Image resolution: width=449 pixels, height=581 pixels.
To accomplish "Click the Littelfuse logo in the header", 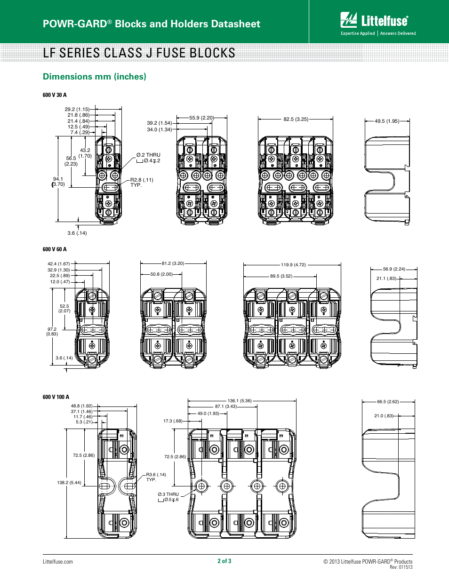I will [x=378, y=24].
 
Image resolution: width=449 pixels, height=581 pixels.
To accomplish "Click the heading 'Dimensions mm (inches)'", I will [x=94, y=77].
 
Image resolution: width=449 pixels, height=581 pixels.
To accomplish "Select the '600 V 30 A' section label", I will [x=55, y=95].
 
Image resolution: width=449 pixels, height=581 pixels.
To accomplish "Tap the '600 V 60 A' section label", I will [x=55, y=249].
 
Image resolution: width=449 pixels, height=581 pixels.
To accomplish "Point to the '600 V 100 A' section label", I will [x=56, y=397].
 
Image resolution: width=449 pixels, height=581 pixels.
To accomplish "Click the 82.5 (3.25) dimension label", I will [x=296, y=119].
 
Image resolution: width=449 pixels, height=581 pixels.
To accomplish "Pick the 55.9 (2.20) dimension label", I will [x=201, y=118].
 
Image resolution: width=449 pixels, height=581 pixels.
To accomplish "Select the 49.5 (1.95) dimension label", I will [x=386, y=121].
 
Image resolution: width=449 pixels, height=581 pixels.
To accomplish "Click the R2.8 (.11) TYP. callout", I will [x=141, y=183].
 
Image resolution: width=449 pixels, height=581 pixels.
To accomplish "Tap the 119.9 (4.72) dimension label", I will [x=293, y=265].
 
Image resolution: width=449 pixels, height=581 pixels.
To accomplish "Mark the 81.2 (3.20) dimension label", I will [x=173, y=264].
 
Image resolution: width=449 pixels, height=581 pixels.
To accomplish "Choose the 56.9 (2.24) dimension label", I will [x=394, y=269].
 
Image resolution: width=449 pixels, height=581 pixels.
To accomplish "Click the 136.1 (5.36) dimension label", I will [x=240, y=401].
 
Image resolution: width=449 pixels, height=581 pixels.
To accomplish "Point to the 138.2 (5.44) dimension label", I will [x=69, y=483].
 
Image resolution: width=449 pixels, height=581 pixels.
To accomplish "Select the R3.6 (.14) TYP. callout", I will [x=156, y=477].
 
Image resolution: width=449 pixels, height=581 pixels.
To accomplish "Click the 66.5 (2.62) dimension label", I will [x=388, y=402].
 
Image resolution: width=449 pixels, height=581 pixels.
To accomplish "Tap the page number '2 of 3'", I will [x=224, y=561].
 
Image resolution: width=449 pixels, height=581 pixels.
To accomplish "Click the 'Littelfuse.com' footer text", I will [x=58, y=562].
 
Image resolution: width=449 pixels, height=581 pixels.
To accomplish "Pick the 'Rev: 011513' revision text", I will [x=401, y=567].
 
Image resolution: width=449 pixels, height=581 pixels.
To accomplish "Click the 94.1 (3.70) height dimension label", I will [x=58, y=182].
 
